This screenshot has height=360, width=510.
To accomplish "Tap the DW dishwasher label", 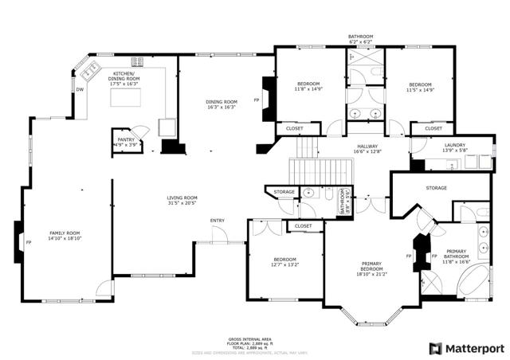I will click(80, 90).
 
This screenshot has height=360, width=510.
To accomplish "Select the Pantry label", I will click(126, 142).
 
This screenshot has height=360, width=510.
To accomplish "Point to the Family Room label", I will click(65, 235).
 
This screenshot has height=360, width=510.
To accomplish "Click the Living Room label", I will click(182, 200).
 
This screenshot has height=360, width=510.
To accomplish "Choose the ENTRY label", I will click(217, 221).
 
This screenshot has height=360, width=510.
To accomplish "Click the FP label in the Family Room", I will click(28, 242).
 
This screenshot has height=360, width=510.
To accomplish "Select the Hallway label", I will click(367, 148).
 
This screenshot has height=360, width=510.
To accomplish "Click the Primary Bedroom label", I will click(372, 269).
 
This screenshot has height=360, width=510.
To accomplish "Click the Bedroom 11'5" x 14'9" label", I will click(420, 88).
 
